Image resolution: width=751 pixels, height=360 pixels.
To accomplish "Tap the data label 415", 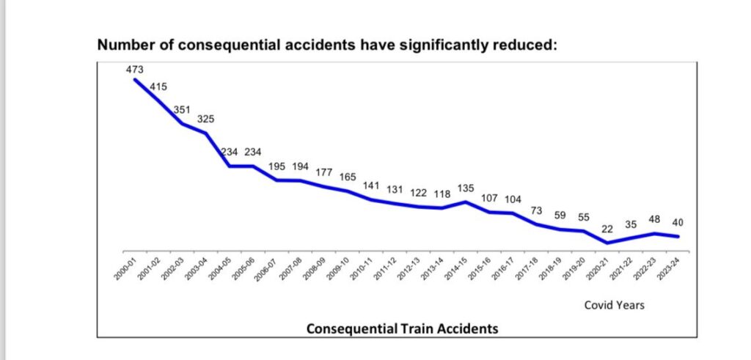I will (158, 87).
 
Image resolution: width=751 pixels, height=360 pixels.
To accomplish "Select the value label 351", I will (182, 110).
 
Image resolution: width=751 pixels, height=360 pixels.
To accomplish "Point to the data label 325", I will (206, 119).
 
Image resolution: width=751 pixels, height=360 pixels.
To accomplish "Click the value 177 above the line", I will (324, 172).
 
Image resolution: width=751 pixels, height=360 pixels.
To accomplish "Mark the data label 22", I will (607, 229).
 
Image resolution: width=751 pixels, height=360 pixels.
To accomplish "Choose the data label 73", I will (537, 210).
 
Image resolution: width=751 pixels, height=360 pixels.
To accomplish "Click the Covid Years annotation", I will (614, 304).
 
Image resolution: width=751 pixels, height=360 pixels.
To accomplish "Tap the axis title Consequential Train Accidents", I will (402, 328).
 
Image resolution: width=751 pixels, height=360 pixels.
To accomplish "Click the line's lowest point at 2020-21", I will (607, 243).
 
